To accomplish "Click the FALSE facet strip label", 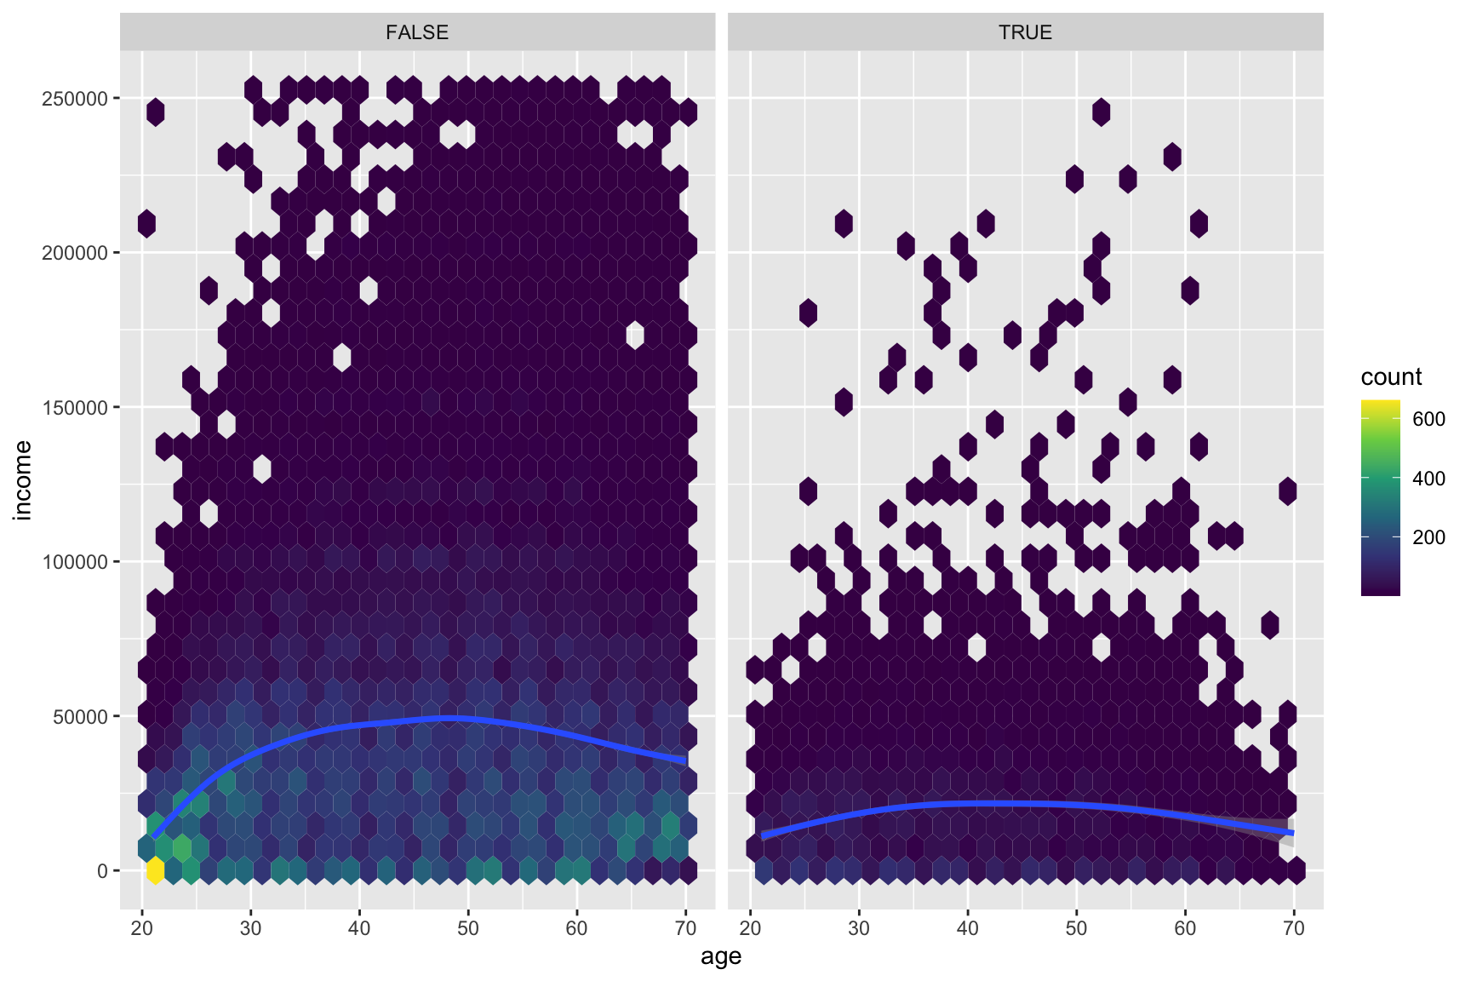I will (x=417, y=32).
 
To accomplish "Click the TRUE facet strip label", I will (x=1025, y=32).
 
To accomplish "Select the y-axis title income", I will (x=23, y=479).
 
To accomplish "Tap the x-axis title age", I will (x=721, y=956).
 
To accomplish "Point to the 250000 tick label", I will (x=75, y=99).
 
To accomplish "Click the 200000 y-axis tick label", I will (x=75, y=253).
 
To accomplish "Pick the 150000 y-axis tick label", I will (x=75, y=408).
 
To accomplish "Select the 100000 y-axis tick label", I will (x=75, y=562).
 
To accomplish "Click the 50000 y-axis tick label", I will (x=80, y=717).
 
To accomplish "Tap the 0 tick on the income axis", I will (x=102, y=871).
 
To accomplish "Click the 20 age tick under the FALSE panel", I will (x=142, y=927).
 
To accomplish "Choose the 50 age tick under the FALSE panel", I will (x=468, y=927).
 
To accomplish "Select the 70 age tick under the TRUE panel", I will (x=1293, y=927).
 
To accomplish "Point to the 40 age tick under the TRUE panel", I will (x=968, y=927).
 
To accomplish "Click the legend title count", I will (x=1391, y=377).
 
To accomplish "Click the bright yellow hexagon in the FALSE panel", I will (x=155, y=870).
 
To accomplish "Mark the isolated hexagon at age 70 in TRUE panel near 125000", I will (x=1287, y=491).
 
